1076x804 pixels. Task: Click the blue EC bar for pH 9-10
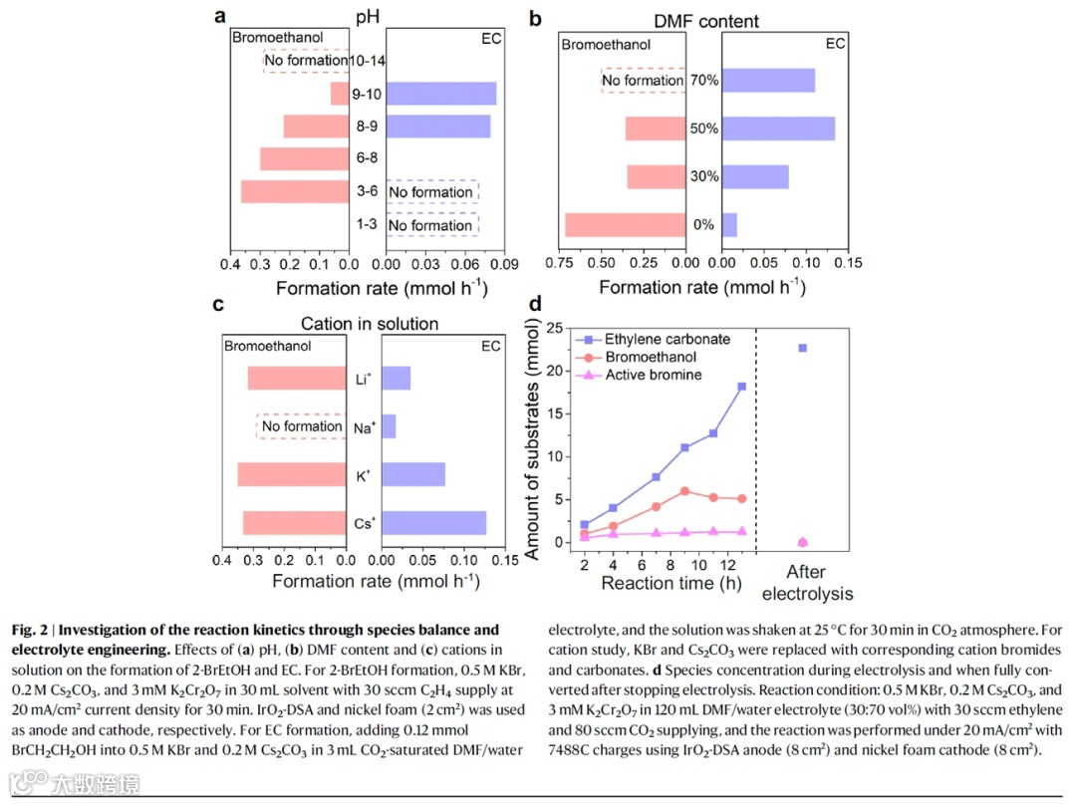[x=440, y=94]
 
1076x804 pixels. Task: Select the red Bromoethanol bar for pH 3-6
[x=295, y=191]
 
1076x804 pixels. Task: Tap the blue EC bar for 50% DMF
[x=778, y=129]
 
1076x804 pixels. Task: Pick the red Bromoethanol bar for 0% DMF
[x=626, y=224]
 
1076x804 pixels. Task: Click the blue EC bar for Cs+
[x=434, y=523]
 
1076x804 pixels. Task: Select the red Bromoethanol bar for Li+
[x=297, y=379]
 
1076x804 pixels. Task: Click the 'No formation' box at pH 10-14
[x=307, y=61]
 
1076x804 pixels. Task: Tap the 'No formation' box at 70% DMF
[x=644, y=81]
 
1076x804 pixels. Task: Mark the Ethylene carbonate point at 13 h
[x=741, y=387]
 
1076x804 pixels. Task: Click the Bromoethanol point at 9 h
[x=684, y=491]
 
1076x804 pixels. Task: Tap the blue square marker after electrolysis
[x=802, y=348]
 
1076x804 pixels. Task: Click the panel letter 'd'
[x=535, y=304]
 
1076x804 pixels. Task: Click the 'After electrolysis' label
[x=819, y=583]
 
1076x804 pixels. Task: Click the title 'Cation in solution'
[x=370, y=324]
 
